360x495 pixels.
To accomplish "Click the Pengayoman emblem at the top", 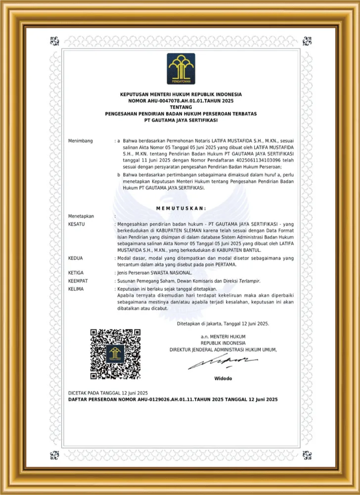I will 180,69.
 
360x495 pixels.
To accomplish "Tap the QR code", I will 115,353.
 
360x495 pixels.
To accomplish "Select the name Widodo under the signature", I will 223,379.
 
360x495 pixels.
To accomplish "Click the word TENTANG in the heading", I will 180,107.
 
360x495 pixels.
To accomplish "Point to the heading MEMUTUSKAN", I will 181,208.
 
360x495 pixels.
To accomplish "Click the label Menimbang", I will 81,141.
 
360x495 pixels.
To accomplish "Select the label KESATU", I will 77,224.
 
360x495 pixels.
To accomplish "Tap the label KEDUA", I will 75,258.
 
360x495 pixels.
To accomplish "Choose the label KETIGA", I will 76,273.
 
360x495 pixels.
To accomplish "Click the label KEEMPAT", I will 78,280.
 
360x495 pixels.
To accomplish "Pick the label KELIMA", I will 76,288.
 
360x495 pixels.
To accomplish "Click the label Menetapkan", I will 81,216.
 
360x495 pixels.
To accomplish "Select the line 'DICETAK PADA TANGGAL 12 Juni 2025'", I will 108,393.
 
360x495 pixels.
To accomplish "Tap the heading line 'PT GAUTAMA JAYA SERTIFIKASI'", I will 180,120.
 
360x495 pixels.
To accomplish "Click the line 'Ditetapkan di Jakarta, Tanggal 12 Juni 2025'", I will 223,324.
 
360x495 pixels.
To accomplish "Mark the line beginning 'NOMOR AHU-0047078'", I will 180,100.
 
